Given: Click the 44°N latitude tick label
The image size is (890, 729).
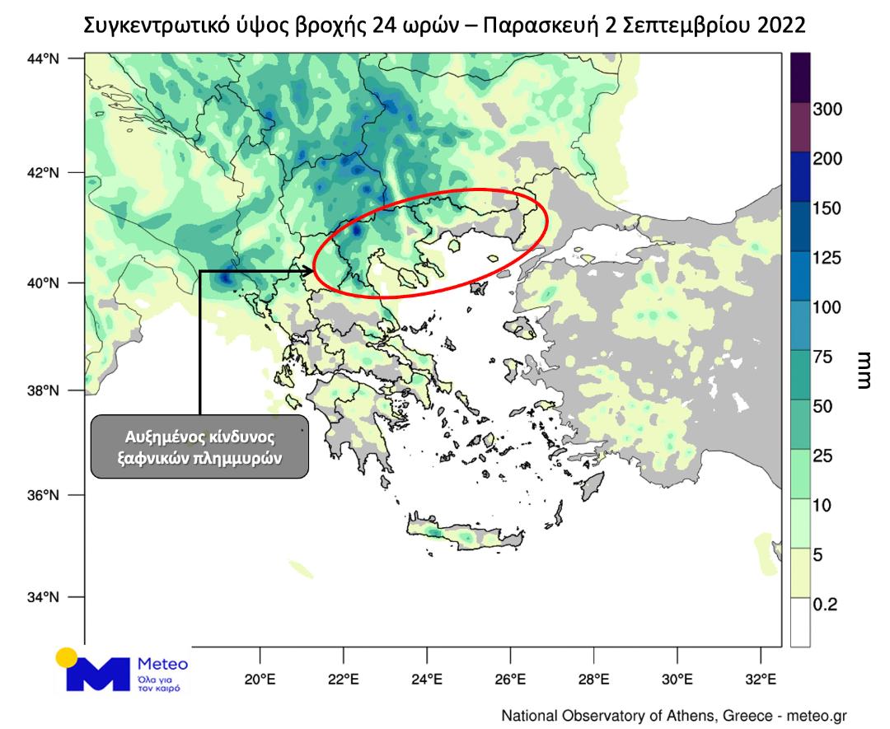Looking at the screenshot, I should coord(48,58).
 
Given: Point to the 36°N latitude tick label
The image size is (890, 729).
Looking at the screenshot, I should coord(48,496).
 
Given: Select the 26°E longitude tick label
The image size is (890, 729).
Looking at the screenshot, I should coord(510,680).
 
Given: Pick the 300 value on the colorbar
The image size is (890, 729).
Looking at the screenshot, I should coord(827,110).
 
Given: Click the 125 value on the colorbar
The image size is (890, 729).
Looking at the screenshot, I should coord(827,258).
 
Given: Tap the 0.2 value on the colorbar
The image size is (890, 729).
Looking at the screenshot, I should coord(826,605).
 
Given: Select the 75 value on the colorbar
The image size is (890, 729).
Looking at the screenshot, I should coord(824,357).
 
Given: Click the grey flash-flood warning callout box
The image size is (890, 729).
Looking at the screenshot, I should coord(199,446).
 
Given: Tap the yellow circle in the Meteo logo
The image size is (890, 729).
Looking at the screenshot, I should coord(66,658).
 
